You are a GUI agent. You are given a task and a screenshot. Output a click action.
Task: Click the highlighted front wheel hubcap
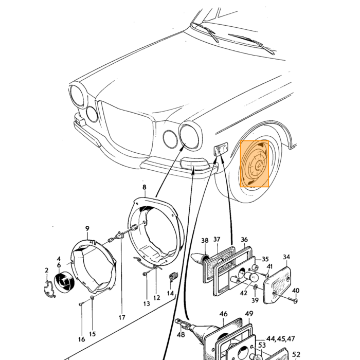pyautogui.click(x=255, y=164)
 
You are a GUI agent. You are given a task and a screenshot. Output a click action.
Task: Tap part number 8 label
pyautogui.click(x=144, y=187)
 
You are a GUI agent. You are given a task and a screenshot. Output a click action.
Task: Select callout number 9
pyautogui.click(x=87, y=228)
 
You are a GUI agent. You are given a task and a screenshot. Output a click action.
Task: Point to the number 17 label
pyautogui.click(x=122, y=317)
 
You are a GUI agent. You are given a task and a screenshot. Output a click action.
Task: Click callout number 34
pyautogui.click(x=286, y=257)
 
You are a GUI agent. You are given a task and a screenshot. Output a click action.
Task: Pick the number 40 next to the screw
pyautogui.click(x=296, y=291)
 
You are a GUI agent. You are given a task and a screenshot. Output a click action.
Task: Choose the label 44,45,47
pyautogui.click(x=280, y=338)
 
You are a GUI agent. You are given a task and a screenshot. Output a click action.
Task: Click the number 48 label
pyautogui.click(x=181, y=334)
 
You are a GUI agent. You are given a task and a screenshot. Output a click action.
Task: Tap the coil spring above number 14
pyautogui.click(x=171, y=276)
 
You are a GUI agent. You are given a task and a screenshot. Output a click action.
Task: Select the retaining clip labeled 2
pyautogui.click(x=49, y=289)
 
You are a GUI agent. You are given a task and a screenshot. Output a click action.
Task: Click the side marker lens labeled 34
pyautogui.click(x=277, y=284)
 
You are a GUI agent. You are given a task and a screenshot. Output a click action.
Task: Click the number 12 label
pyautogui.click(x=156, y=298)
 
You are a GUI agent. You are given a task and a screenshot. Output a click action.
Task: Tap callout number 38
pyautogui.click(x=205, y=240)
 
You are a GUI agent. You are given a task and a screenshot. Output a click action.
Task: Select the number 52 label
pyautogui.click(x=296, y=354)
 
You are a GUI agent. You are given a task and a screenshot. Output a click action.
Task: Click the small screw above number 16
pyautogui.click(x=80, y=304)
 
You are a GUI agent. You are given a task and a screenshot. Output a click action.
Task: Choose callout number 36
pyautogui.click(x=244, y=240)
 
